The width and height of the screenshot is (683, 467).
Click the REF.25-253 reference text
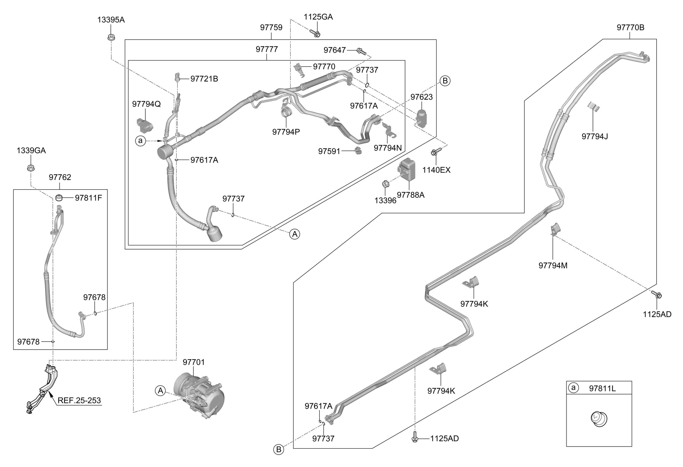tap(79, 400)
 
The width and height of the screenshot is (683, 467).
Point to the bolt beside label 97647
tap(362, 51)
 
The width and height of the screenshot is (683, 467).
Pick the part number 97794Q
tap(146, 104)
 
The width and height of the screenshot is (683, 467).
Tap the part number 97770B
tap(630, 28)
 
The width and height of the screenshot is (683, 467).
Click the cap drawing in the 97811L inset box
tap(599, 419)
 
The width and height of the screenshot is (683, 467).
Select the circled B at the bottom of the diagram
tap(279, 449)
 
